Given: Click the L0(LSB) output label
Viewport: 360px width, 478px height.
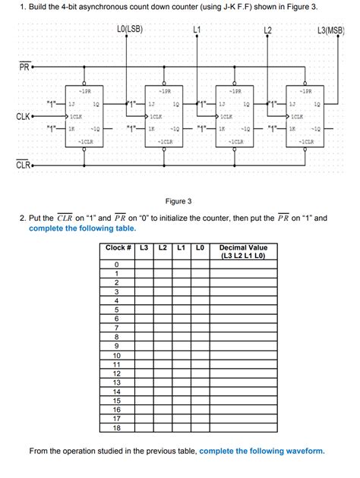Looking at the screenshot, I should click(x=131, y=30).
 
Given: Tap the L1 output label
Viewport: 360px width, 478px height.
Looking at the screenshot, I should click(x=197, y=30).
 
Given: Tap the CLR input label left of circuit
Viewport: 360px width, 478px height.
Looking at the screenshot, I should click(x=23, y=165).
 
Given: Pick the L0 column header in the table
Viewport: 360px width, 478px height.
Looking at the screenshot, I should click(x=199, y=248).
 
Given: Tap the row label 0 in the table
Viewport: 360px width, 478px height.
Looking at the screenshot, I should click(x=117, y=264).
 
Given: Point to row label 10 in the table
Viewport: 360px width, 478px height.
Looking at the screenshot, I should click(x=117, y=355).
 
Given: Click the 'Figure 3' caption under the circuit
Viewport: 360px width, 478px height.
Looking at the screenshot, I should click(x=180, y=201).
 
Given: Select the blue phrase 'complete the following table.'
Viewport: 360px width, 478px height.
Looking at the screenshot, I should click(x=83, y=228).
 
